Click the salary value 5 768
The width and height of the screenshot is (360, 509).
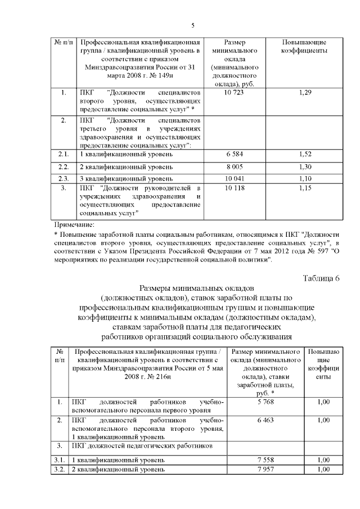[x=265, y=402]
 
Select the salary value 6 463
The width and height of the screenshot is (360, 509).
[x=265, y=420]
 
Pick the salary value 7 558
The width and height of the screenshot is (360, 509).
[x=265, y=460]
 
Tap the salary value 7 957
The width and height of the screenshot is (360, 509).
[x=265, y=469]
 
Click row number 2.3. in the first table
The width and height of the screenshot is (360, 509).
[x=64, y=178]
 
